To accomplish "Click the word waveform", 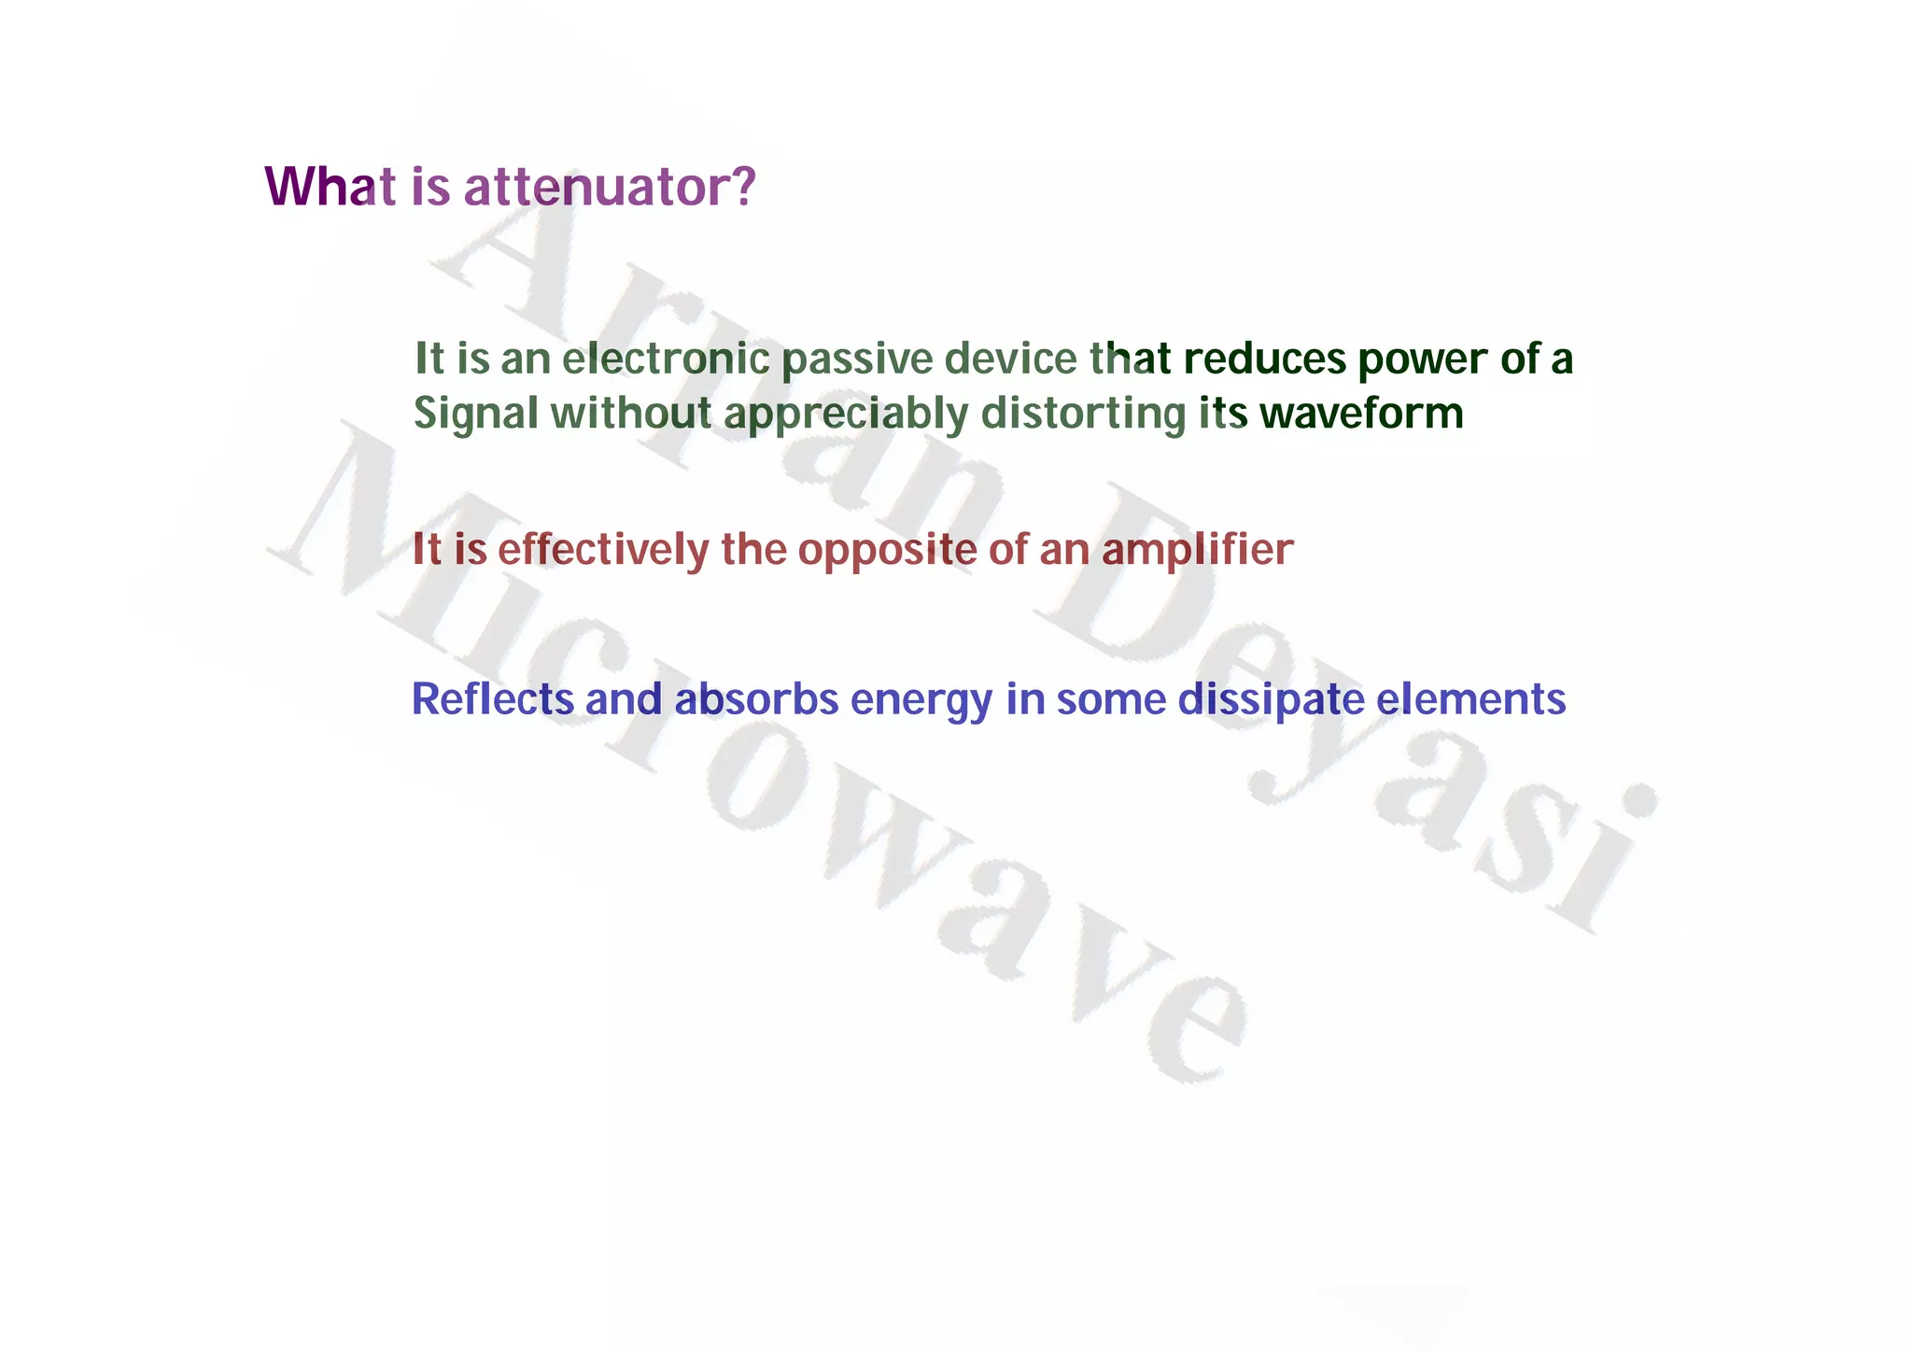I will click(x=1361, y=414).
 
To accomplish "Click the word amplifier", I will click(x=1198, y=551).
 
